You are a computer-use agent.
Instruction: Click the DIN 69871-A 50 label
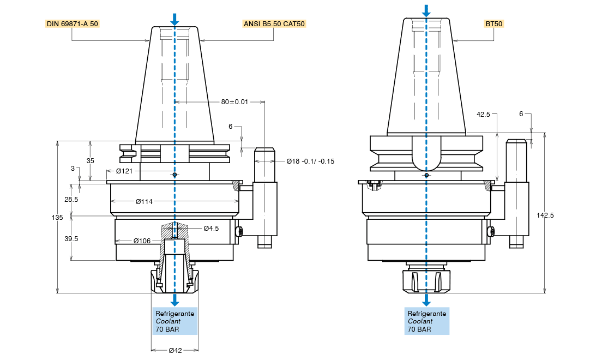[71, 24]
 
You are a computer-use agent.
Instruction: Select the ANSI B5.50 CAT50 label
[274, 24]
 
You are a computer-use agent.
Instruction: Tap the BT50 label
[495, 24]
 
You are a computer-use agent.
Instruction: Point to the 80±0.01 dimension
[234, 102]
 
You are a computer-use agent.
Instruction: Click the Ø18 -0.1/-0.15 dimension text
[310, 161]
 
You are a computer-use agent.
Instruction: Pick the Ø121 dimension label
[124, 171]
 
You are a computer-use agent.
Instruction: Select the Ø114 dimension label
[144, 201]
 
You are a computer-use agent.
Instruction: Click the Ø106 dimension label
[142, 241]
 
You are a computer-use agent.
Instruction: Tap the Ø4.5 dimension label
[211, 228]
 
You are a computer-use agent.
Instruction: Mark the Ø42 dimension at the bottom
[175, 350]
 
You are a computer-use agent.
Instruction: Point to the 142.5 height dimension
[545, 215]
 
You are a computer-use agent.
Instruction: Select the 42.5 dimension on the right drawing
[483, 115]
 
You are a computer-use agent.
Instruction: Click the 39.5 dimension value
[71, 238]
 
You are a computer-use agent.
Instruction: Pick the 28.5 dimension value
[71, 200]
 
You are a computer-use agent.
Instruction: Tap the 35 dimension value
[91, 160]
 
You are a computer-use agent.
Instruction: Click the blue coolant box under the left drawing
[174, 321]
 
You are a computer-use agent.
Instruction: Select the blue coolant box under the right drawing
[426, 321]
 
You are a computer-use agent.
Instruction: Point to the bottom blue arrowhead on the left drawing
[174, 301]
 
